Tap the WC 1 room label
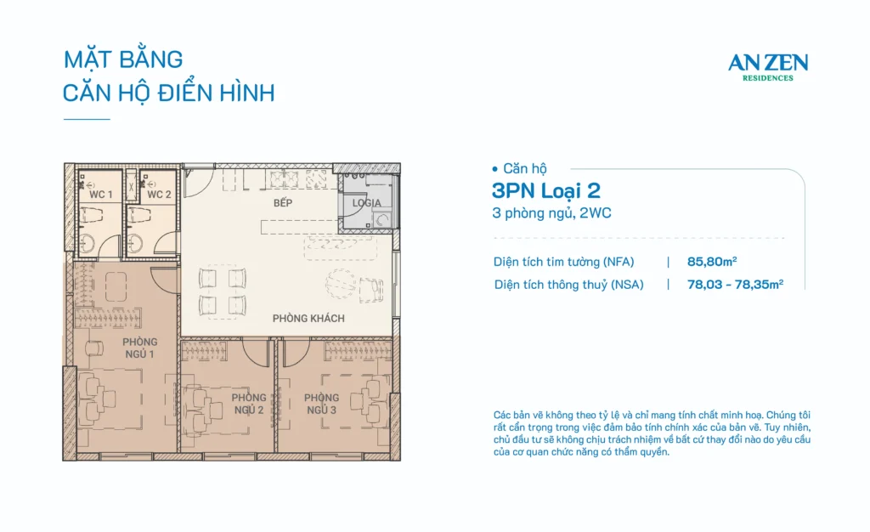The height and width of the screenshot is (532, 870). coord(101,195)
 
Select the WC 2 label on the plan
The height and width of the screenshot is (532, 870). coord(159,195)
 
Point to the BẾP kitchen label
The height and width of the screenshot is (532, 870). coord(283,205)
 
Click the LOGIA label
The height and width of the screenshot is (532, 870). coord(367,203)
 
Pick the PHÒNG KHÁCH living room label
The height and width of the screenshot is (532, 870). coord(308,319)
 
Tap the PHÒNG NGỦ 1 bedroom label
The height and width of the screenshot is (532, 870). coord(138,348)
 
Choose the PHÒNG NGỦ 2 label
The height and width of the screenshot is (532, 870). coord(249,404)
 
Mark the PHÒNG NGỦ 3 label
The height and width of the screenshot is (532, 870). coord(321,404)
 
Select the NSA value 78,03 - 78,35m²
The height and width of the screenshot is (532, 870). coord(735,285)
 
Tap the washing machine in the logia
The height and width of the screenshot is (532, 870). coord(384,219)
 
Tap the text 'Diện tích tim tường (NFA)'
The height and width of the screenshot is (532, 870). coord(564,262)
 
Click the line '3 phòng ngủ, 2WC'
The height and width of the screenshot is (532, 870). coord(551,213)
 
